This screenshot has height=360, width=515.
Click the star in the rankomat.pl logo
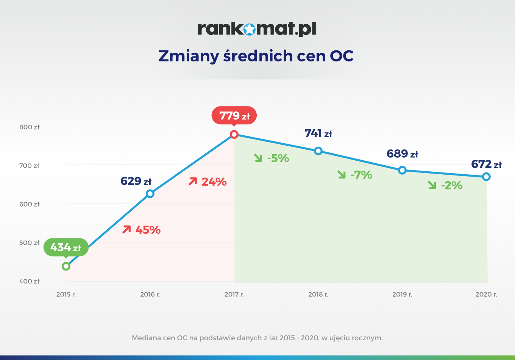pos(249,29)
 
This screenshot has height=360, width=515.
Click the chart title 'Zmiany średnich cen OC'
pos(256,56)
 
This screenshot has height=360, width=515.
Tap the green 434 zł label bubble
pos(66,247)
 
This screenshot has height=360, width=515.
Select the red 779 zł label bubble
pos(234,115)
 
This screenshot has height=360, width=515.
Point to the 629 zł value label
pos(136,181)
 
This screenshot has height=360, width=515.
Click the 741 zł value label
pos(318,133)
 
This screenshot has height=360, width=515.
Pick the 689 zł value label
pos(402,154)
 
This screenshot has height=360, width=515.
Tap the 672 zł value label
pos(486,164)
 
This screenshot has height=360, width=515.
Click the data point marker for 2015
pos(66,266)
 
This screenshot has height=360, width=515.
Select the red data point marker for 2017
pos(234,134)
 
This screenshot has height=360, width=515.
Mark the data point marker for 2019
pos(402,170)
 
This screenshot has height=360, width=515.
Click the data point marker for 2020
pos(486,177)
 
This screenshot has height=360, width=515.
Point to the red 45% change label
pos(148,230)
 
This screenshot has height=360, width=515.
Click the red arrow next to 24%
pos(193,182)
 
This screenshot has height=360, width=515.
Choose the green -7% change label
pos(361,175)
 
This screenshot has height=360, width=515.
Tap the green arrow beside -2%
pos(432,185)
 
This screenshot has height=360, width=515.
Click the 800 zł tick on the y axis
pos(30,127)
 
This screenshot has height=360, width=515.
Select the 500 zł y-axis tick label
pos(30,243)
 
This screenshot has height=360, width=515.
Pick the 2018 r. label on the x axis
pos(318,294)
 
